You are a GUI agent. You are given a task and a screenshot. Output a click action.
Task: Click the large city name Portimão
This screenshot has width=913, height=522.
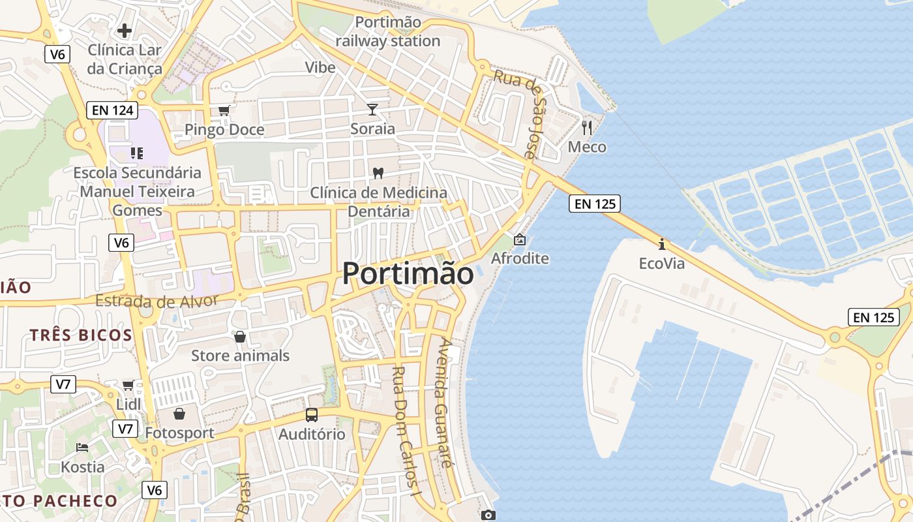pyautogui.click(x=408, y=273)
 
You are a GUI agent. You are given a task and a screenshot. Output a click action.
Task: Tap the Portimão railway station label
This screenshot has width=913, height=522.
pyautogui.click(x=388, y=31)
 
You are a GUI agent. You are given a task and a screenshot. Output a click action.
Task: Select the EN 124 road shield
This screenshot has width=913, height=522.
pyautogui.click(x=113, y=110)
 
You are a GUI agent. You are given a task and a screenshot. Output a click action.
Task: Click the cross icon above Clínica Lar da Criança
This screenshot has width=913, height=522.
pyautogui.click(x=125, y=30)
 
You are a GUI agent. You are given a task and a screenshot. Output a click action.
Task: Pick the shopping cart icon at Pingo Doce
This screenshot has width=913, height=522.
pyautogui.click(x=224, y=110)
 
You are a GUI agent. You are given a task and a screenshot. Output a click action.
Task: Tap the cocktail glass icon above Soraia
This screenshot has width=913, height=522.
pyautogui.click(x=372, y=109)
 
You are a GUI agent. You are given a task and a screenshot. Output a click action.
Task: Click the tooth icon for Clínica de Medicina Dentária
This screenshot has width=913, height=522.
pyautogui.click(x=377, y=173)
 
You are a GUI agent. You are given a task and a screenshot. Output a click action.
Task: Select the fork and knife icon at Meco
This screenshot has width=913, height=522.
pyautogui.click(x=587, y=127)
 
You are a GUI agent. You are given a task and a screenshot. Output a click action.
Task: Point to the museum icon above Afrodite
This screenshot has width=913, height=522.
pyautogui.click(x=520, y=239)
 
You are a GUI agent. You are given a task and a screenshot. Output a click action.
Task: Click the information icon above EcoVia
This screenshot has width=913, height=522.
pyautogui.click(x=662, y=244)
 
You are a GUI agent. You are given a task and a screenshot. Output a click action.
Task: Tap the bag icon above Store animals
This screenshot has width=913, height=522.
pyautogui.click(x=240, y=336)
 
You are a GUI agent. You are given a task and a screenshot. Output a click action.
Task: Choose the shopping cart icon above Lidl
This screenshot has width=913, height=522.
pyautogui.click(x=128, y=385)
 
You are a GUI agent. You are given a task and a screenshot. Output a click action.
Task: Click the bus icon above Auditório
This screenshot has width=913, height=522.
pyautogui.click(x=312, y=414)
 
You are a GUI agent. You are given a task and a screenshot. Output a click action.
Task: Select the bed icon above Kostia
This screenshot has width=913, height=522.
pyautogui.click(x=82, y=447)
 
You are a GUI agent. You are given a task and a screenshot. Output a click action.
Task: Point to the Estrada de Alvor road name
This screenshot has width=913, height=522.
pyautogui.click(x=157, y=301)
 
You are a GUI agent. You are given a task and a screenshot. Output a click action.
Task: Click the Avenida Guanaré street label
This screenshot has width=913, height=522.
pyautogui.click(x=443, y=403)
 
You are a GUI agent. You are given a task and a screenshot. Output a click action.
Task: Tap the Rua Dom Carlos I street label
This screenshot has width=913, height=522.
pyautogui.click(x=404, y=431)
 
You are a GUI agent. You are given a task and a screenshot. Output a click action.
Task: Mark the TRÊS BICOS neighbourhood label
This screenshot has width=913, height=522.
pyautogui.click(x=81, y=335)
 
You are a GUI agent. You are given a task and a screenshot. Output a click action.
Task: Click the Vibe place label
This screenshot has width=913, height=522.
pyautogui.click(x=320, y=67)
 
